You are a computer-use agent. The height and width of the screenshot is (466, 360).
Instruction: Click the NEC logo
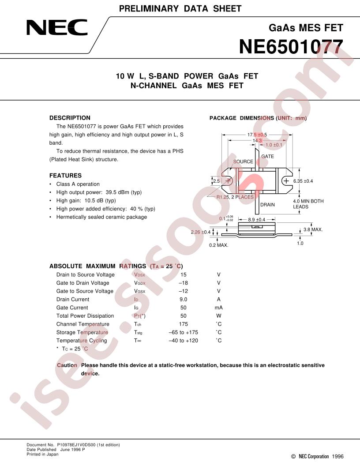coord(57,28)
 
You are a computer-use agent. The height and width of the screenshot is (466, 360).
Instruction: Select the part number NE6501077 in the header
coord(291,47)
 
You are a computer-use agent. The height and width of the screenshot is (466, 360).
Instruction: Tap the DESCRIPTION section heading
coord(70,118)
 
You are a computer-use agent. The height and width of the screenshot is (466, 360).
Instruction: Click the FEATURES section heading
coord(65,175)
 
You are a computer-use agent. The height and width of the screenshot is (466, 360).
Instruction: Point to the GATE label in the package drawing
coord(268,156)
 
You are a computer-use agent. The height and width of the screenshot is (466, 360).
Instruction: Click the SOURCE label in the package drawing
coord(243,162)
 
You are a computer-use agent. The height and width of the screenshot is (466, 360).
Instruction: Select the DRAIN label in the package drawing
coord(268,204)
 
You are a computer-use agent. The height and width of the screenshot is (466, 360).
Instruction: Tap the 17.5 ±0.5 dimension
coord(257,135)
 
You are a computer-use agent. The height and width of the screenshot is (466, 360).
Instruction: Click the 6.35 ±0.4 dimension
coord(303,181)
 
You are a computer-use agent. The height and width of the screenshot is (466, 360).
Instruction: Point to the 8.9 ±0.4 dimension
coord(257,220)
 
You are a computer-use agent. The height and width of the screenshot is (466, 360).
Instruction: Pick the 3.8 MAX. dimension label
coord(313,229)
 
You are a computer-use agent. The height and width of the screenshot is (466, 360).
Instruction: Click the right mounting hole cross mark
coord(286,180)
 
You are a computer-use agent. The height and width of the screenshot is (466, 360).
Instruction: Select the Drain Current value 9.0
coord(183,299)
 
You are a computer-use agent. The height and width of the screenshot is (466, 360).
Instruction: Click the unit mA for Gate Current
coord(219,308)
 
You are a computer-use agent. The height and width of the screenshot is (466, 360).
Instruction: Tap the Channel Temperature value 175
coord(183,324)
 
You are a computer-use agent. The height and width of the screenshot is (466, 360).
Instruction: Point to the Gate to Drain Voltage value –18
coord(183,283)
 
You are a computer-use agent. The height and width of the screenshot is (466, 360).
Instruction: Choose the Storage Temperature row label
coord(82,332)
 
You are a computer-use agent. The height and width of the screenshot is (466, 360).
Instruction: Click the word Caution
coord(67,365)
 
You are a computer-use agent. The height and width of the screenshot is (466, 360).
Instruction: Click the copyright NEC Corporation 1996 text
coord(317,456)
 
